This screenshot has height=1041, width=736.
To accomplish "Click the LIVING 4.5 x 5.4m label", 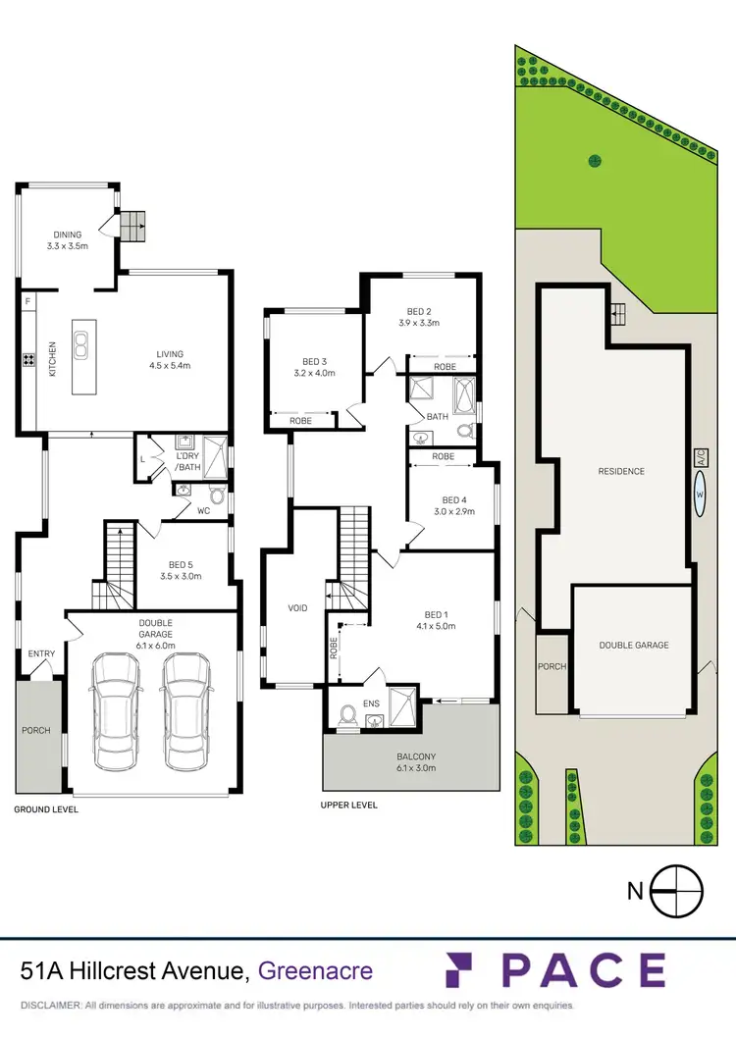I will pos(170,360).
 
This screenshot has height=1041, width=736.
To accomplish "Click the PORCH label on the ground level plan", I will pos(37,730).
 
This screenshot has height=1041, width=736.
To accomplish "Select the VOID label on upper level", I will pos(297,608).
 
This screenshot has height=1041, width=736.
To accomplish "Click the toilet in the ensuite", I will pos(345,715).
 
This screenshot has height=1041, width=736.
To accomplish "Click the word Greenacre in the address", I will pos(315,971).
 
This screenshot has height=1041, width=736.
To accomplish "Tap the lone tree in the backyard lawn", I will pos(594,160).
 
